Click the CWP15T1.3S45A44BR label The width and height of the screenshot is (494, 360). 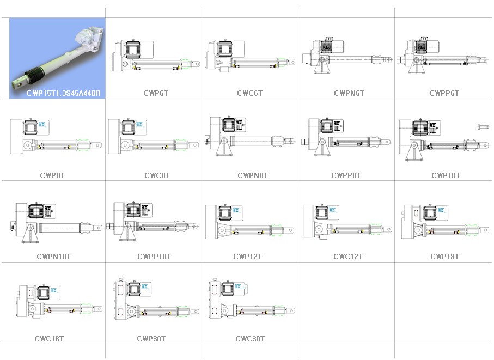click(x=64, y=93)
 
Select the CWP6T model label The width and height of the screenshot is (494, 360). click(x=156, y=93)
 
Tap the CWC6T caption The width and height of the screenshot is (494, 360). click(x=249, y=93)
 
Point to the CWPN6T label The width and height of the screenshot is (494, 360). click(x=349, y=93)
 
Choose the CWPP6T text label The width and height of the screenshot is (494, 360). click(x=444, y=93)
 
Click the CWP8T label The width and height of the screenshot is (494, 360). click(x=52, y=175)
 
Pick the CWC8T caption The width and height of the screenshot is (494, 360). click(x=157, y=175)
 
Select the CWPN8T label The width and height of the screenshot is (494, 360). click(x=253, y=175)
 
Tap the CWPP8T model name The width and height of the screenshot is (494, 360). click(x=346, y=175)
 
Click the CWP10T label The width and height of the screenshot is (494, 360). click(x=446, y=175)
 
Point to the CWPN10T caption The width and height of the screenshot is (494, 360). click(x=53, y=257)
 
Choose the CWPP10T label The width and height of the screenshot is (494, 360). click(x=154, y=257)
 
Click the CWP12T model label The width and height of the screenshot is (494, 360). click(x=247, y=257)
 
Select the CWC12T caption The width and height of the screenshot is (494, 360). click(x=348, y=257)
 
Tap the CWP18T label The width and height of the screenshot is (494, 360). click(x=444, y=257)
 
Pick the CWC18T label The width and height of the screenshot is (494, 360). click(x=49, y=339)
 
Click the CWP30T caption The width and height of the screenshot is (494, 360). click(x=151, y=339)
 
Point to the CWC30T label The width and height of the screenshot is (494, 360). click(x=250, y=339)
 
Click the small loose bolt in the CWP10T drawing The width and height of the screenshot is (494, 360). click(x=483, y=127)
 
